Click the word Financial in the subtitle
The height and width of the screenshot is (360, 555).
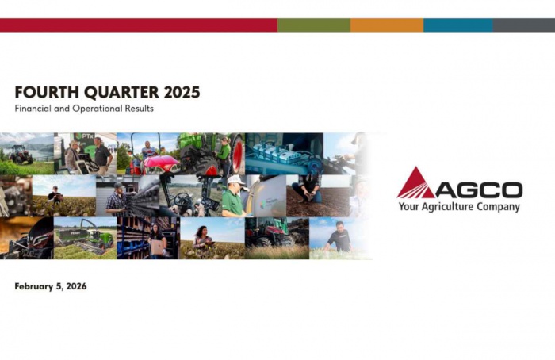pos(34,108)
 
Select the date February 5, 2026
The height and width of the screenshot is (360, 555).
pos(51,286)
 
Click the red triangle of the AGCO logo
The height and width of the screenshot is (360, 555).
pos(415,184)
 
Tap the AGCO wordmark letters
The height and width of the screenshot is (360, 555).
pos(479,190)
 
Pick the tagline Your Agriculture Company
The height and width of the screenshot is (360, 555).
pos(460,207)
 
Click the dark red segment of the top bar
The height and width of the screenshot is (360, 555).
pos(139,25)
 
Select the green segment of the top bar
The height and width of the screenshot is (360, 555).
pos(313,25)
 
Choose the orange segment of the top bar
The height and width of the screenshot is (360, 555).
pos(386,25)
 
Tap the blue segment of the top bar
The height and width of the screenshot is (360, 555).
pos(457,25)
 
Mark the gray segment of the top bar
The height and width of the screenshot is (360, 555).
pos(523,25)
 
